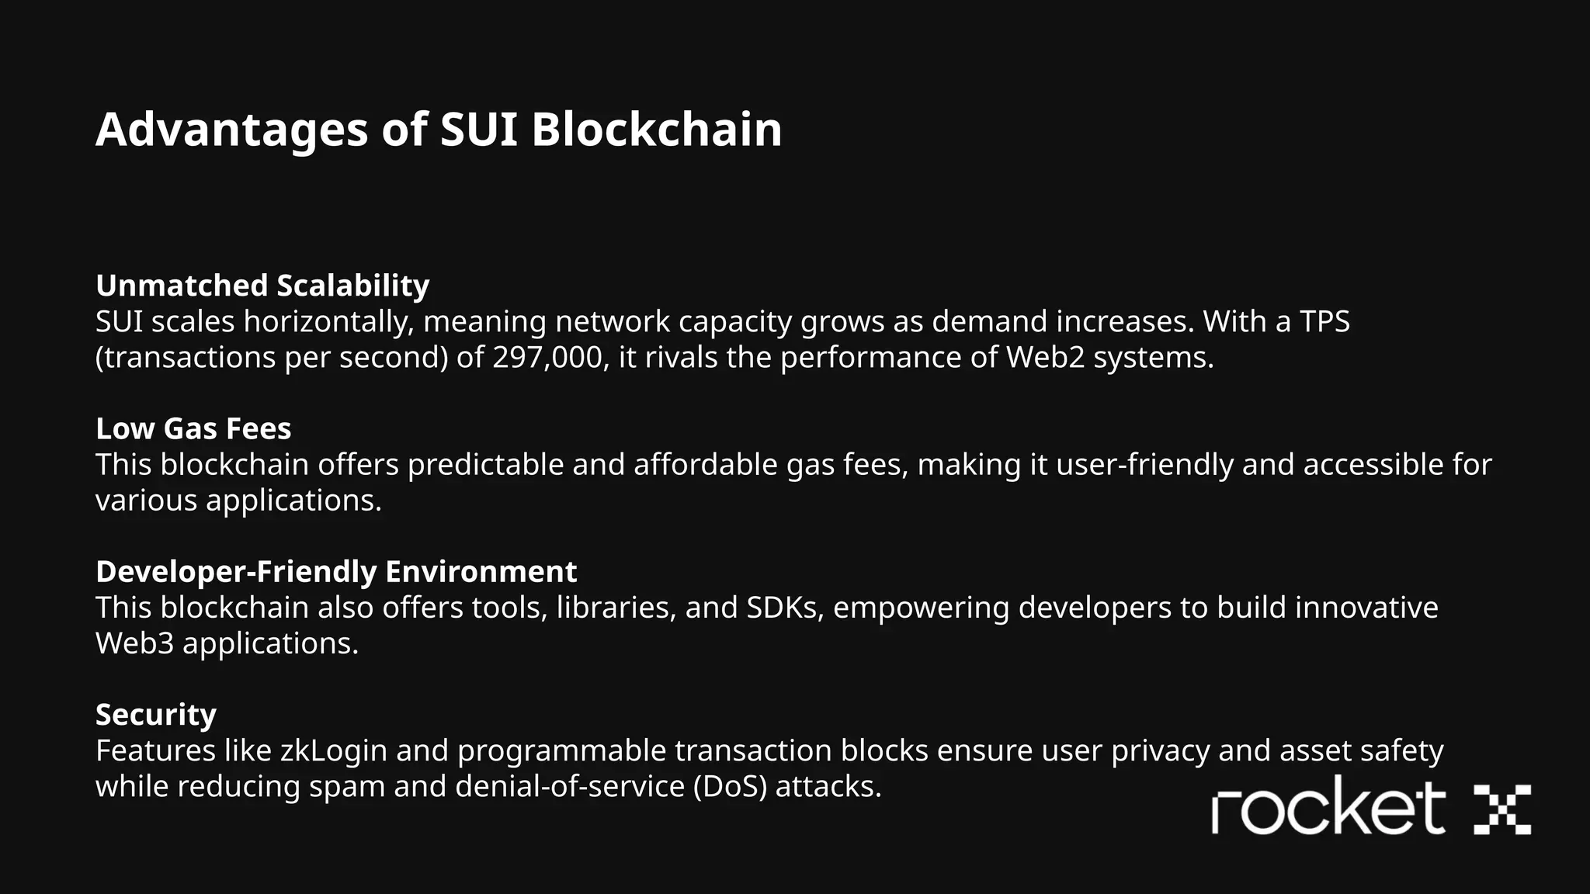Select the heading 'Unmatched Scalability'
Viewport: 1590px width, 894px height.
(x=262, y=286)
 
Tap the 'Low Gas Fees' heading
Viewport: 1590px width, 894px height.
(x=193, y=428)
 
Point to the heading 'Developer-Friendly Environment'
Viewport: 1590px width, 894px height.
(x=336, y=571)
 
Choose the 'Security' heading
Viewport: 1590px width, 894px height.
(x=156, y=714)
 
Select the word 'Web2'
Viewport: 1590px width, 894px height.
(x=1045, y=357)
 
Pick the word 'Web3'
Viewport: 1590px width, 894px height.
(x=134, y=643)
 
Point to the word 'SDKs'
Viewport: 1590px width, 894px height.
(x=785, y=607)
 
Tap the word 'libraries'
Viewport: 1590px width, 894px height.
(x=616, y=607)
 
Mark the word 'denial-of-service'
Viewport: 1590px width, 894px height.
(x=569, y=786)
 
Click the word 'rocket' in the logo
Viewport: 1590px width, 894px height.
(x=1328, y=809)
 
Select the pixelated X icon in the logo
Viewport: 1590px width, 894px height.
(x=1501, y=809)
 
